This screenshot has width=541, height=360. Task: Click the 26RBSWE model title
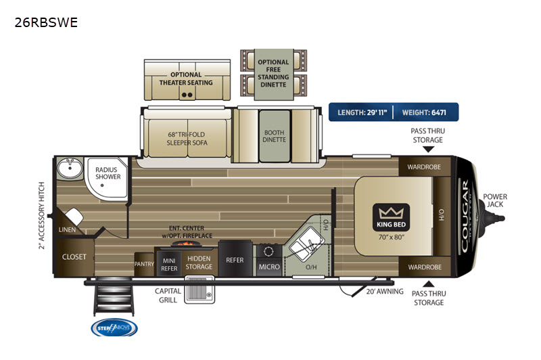pyautogui.click(x=46, y=22)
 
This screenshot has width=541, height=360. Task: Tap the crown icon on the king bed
pyautogui.click(x=390, y=212)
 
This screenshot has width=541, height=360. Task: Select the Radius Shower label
pyautogui.click(x=108, y=173)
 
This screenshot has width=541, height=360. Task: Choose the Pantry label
pyautogui.click(x=144, y=264)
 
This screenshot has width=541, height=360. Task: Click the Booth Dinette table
pyautogui.click(x=274, y=135)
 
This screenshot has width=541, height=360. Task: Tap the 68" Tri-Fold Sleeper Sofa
pyautogui.click(x=188, y=138)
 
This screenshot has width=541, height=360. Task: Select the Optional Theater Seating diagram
pyautogui.click(x=186, y=80)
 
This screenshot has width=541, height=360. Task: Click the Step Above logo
pyautogui.click(x=114, y=328)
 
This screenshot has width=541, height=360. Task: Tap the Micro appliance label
pyautogui.click(x=269, y=267)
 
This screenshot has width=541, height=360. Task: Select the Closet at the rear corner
pyautogui.click(x=74, y=257)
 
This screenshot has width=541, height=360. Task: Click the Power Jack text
pyautogui.click(x=495, y=201)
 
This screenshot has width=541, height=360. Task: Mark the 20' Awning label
pyautogui.click(x=386, y=292)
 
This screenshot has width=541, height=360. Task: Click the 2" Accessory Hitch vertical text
pyautogui.click(x=41, y=215)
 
